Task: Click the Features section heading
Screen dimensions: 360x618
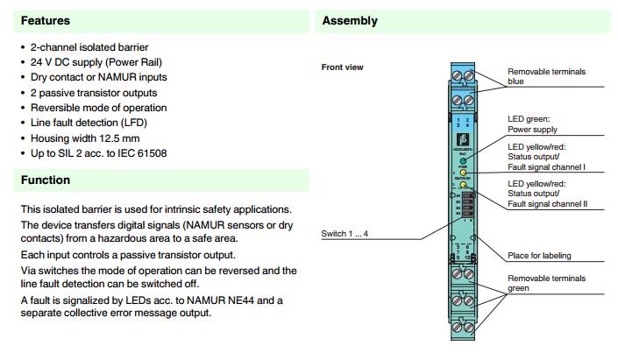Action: click(46, 20)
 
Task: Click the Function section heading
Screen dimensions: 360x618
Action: click(46, 180)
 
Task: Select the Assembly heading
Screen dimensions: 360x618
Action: click(350, 20)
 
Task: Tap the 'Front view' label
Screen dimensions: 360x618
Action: click(343, 67)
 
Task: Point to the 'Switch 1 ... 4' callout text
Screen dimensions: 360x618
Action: click(346, 236)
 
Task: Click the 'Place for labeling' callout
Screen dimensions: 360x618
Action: click(540, 256)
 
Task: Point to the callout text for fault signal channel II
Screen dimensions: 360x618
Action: click(547, 194)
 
